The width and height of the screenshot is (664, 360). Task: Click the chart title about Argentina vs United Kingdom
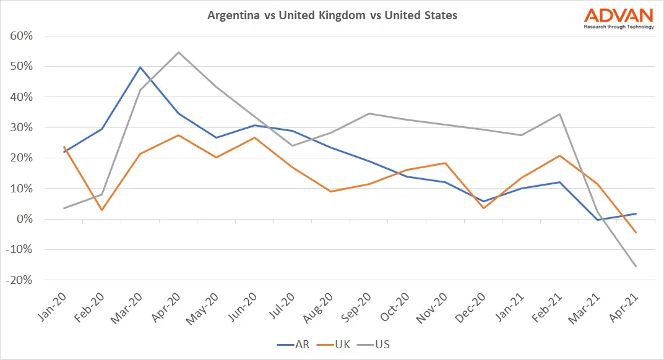tap(332, 15)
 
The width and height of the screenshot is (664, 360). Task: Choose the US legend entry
tap(377, 344)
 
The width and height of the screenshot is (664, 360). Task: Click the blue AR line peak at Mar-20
tap(140, 67)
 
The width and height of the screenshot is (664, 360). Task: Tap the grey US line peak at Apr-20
tap(179, 52)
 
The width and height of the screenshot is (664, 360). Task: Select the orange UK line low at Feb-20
tap(101, 210)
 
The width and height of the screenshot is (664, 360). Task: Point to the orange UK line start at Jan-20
tap(63, 147)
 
